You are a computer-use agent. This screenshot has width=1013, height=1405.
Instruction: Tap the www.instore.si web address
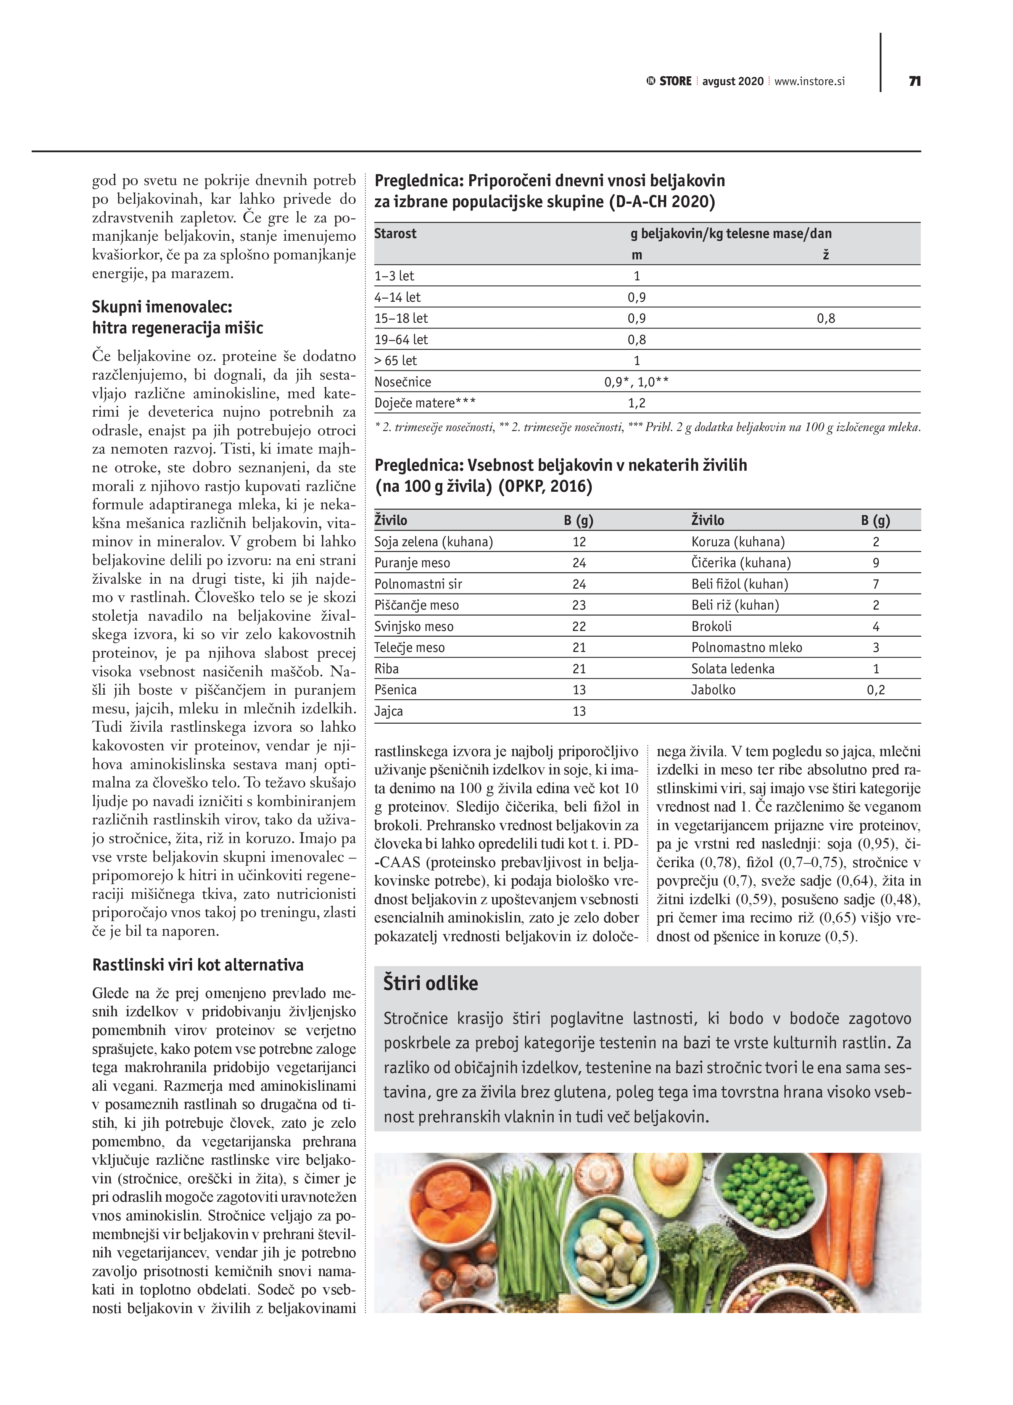[x=809, y=81]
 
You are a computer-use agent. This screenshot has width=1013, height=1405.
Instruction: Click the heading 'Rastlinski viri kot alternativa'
[x=198, y=964]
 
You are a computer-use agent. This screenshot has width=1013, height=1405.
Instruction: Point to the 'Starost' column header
[x=395, y=233]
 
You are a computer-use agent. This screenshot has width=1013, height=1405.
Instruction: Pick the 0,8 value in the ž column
[x=826, y=319]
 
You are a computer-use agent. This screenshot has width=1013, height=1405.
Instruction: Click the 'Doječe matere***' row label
[x=425, y=403]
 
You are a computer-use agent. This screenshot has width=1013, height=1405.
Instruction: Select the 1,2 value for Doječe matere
[x=636, y=403]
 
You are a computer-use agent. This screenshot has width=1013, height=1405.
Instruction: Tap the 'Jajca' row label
[x=388, y=711]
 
